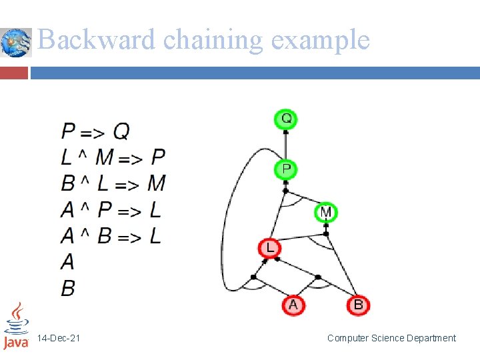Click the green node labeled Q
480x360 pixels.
coord(286,119)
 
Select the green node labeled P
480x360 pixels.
coord(286,169)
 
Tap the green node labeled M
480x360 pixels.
coord(325,213)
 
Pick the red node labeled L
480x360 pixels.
coord(269,249)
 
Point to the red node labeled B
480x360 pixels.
coord(358,305)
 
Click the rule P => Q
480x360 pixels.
coord(95,131)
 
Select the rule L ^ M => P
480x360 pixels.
coord(113,157)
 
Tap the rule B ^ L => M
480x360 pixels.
coord(113,183)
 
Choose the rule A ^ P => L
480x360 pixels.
coord(111,210)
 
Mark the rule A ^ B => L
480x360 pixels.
coord(111,236)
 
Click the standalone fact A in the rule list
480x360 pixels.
coord(67,262)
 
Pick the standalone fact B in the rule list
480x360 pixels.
coord(67,288)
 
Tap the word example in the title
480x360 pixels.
coord(320,40)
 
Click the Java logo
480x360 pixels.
coord(16,326)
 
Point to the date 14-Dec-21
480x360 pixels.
coord(59,339)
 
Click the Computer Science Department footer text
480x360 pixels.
coord(391,339)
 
